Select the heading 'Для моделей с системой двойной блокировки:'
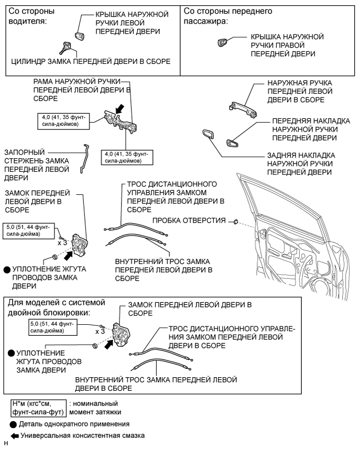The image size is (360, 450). [57, 308]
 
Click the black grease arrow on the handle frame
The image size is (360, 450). [119, 108]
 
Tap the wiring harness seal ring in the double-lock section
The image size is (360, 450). [95, 346]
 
